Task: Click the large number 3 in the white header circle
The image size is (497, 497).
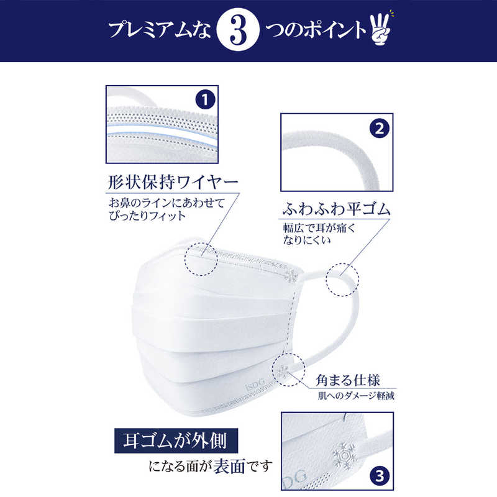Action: tap(239, 30)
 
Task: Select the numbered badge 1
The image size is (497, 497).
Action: tap(205, 99)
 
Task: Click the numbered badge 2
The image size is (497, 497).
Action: tap(380, 129)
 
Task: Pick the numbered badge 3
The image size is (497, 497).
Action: tap(380, 476)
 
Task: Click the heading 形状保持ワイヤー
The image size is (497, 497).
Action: tap(173, 182)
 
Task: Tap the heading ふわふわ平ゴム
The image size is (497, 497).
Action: tap(336, 209)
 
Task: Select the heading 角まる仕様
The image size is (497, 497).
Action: tap(348, 380)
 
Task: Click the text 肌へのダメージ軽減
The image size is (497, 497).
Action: tap(356, 396)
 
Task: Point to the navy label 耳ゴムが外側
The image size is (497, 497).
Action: tap(176, 440)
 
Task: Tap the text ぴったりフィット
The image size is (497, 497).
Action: tap(147, 216)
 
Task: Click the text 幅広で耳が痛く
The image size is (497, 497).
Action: tap(319, 228)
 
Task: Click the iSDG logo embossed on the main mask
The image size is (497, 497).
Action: tap(255, 384)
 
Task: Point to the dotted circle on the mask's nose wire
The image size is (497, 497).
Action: tap(201, 259)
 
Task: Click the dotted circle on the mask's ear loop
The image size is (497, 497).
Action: tap(342, 280)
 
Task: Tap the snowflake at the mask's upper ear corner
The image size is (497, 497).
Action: tap(291, 276)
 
